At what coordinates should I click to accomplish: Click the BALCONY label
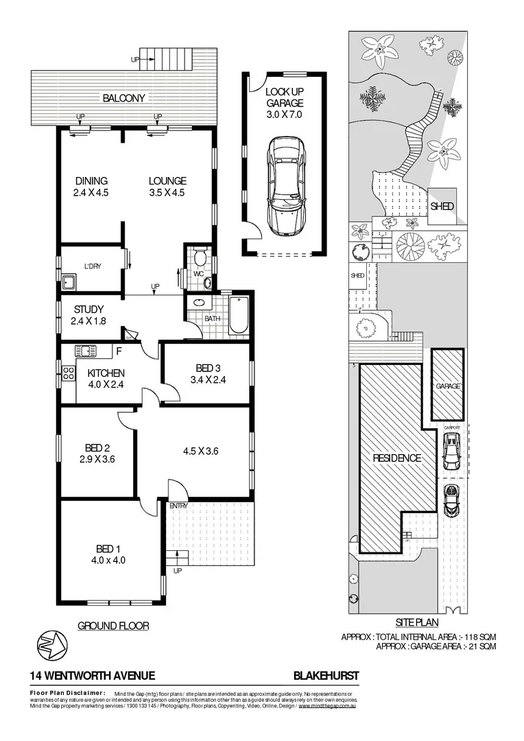click(x=124, y=97)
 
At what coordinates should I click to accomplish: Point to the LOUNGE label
click(x=167, y=181)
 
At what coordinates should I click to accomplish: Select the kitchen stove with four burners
click(x=68, y=375)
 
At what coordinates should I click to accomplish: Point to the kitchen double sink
click(x=86, y=351)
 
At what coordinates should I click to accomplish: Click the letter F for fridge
click(x=119, y=352)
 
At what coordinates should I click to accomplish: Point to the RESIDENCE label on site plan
click(x=396, y=458)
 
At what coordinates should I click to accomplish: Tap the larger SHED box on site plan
click(x=442, y=205)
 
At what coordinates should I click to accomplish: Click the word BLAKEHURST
click(x=326, y=676)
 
